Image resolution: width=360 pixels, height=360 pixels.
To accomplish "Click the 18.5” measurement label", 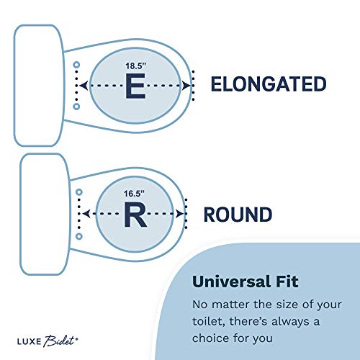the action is [x=136, y=66].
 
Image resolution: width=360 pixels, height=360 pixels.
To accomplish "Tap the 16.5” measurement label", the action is [x=134, y=194].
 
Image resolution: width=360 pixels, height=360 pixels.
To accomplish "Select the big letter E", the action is [x=135, y=86].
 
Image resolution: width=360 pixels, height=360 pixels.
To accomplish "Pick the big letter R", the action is [x=135, y=215].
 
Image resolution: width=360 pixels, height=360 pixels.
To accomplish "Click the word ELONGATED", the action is [x=269, y=84].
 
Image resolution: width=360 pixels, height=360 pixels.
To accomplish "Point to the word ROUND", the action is [x=238, y=215].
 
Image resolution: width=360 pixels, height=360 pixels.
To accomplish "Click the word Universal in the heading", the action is [x=231, y=282].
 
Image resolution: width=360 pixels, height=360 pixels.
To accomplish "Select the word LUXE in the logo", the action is [x=30, y=341].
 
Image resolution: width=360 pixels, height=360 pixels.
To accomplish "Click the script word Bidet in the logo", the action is [x=60, y=341].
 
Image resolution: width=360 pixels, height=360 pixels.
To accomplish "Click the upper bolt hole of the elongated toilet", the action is [x=76, y=65].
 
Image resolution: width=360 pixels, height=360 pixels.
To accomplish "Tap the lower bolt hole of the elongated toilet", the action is [x=76, y=107].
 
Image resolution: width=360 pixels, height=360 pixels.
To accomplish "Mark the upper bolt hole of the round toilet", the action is [x=79, y=192].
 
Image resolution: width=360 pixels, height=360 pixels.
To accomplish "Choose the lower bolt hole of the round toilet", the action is [x=79, y=236].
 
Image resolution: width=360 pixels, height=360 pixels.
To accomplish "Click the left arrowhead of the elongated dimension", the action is [x=84, y=86].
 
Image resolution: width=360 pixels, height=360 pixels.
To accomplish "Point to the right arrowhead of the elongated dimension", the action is [x=186, y=86].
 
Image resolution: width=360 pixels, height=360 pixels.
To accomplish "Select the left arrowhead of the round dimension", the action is [x=86, y=214].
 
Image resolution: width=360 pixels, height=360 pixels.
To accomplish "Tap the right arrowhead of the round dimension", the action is [x=179, y=214].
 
